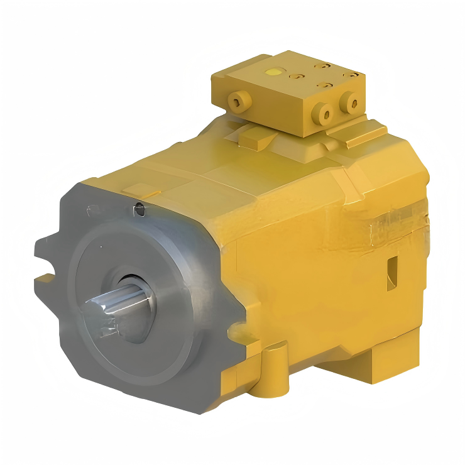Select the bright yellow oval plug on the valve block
271,72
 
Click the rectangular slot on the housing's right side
393,269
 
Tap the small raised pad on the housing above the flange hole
141,189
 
